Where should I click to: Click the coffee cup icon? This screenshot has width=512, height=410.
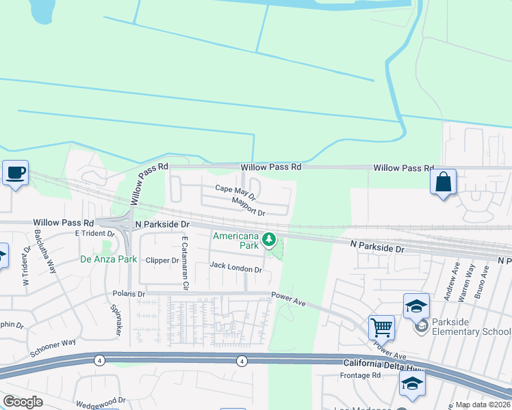[14, 173]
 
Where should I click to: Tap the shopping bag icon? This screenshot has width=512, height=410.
[443, 182]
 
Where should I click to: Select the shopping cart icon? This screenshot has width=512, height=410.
[381, 327]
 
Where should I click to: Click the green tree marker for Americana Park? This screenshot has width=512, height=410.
[270, 240]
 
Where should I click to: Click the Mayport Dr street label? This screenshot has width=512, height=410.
[248, 206]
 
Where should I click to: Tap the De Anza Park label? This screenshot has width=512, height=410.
[105, 259]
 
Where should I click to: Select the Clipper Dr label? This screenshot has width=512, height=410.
[162, 260]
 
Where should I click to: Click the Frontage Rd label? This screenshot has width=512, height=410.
[360, 376]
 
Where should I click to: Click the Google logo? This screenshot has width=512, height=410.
[23, 402]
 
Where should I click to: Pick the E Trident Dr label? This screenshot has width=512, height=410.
[94, 233]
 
